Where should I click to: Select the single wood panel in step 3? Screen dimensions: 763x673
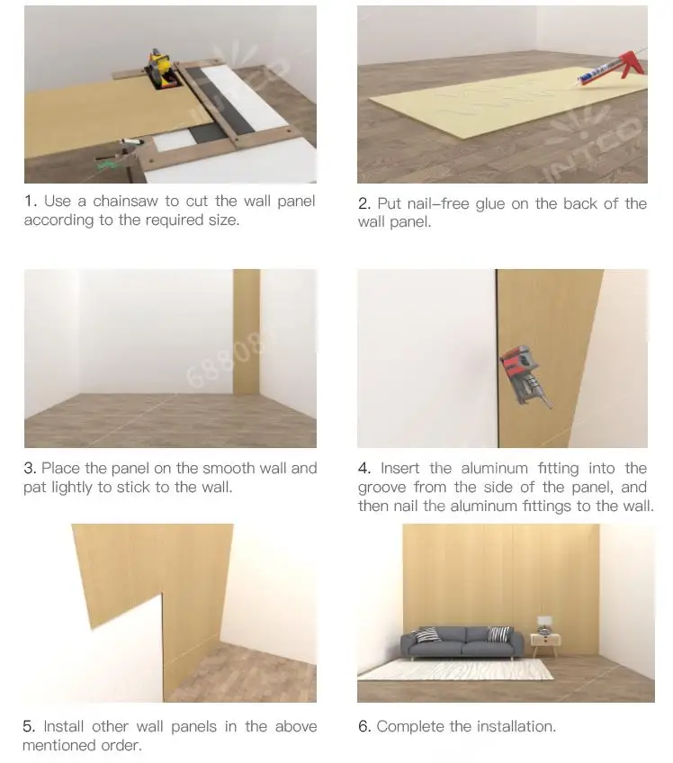[x=247, y=332]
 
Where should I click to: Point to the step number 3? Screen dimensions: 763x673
[x=29, y=468]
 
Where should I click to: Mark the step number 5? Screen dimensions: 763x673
[x=29, y=726]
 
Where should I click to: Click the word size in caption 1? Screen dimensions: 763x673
[x=223, y=220]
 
